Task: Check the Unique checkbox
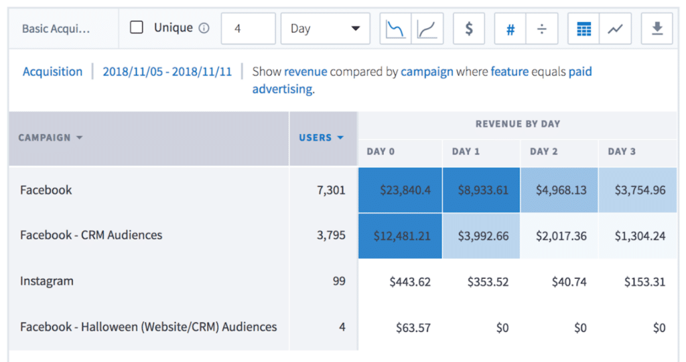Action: (x=137, y=28)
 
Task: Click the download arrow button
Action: (x=657, y=29)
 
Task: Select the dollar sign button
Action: (x=469, y=29)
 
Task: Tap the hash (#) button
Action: (x=510, y=29)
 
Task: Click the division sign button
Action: (x=541, y=29)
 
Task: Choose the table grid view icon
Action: (x=584, y=29)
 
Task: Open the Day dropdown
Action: (x=325, y=29)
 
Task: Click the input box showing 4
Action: (x=248, y=29)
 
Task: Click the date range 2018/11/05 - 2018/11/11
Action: (x=167, y=72)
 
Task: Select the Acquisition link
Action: (x=52, y=72)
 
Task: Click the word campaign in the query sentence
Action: (x=427, y=72)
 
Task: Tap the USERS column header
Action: (x=320, y=137)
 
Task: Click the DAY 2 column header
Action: (x=543, y=152)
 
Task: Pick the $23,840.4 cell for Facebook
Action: (x=400, y=190)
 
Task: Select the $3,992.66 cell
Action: (x=480, y=235)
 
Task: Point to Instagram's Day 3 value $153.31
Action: (x=638, y=282)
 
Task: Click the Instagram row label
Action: (x=46, y=282)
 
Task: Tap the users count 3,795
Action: (x=330, y=235)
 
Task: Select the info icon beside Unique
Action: (x=204, y=28)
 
